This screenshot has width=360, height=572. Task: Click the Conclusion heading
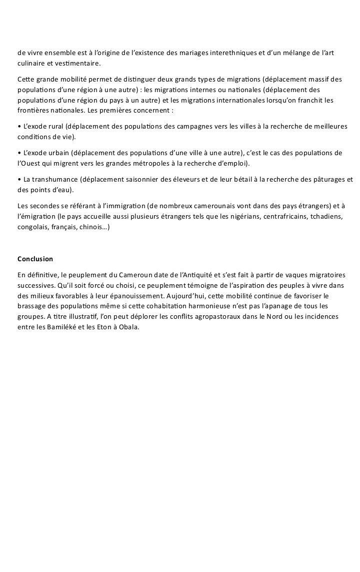pos(35,259)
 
